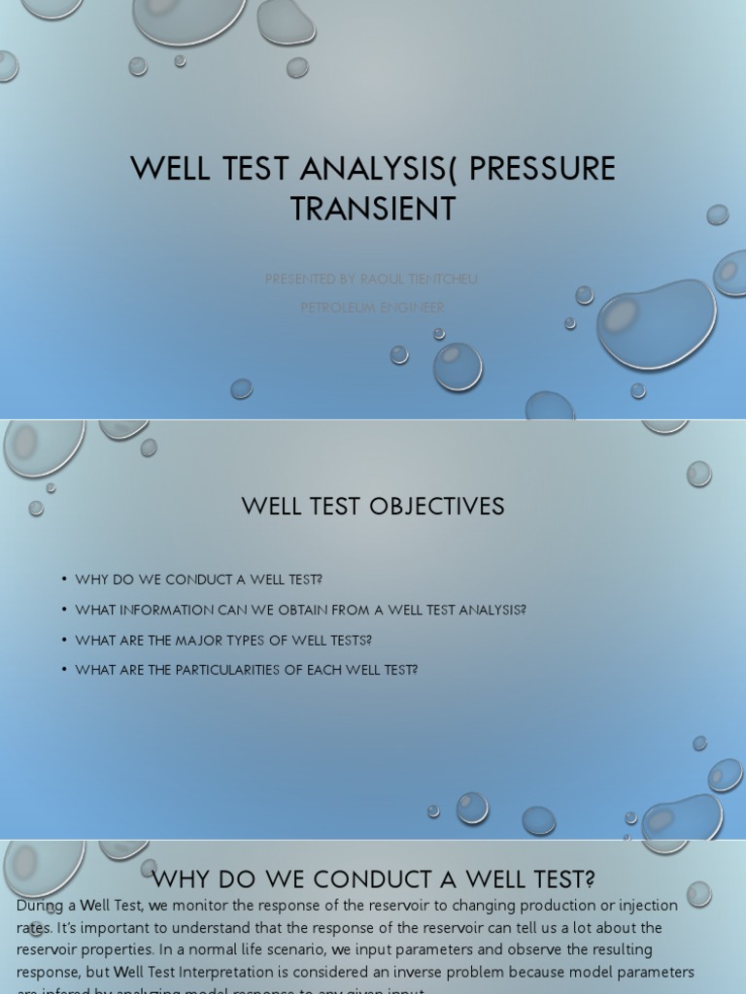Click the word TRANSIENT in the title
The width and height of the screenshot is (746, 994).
click(373, 209)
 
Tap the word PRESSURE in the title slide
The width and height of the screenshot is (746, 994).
click(543, 169)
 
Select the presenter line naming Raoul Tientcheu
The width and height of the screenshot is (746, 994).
click(372, 280)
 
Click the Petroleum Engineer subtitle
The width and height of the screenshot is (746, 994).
click(372, 308)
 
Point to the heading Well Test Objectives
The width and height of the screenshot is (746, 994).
click(373, 506)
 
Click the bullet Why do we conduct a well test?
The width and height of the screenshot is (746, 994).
click(198, 580)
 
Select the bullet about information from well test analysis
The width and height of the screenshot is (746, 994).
click(300, 610)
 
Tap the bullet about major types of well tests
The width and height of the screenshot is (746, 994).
click(223, 640)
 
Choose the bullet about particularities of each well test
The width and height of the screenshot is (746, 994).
click(246, 670)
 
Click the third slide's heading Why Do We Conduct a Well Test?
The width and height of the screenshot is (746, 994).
click(374, 879)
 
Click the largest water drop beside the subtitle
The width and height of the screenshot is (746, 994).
click(656, 323)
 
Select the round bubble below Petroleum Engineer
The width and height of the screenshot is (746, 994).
click(458, 366)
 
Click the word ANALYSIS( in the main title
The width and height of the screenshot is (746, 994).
click(380, 169)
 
